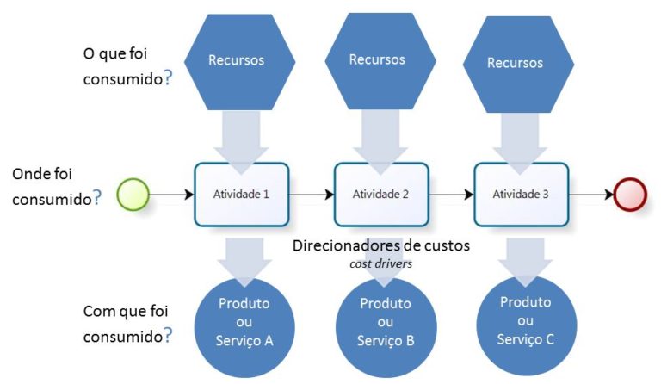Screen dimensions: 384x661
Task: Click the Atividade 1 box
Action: [x=242, y=194]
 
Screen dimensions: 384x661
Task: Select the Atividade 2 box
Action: [x=381, y=194]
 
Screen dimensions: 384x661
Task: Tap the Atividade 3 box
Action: [x=521, y=194]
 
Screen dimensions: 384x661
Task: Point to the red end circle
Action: [x=631, y=195]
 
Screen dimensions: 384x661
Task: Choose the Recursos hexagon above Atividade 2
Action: [x=378, y=59]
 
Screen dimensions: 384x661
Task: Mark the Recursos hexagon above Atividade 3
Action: [x=516, y=63]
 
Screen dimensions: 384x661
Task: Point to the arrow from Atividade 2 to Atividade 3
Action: [x=452, y=195]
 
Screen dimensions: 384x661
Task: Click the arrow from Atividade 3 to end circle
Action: [x=591, y=195]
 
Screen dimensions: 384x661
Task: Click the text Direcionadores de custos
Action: [x=381, y=245]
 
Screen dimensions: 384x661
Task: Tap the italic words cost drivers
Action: [x=381, y=263]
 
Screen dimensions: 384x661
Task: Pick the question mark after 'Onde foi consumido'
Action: [x=96, y=197]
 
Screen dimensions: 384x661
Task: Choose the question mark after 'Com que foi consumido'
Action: [x=168, y=335]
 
